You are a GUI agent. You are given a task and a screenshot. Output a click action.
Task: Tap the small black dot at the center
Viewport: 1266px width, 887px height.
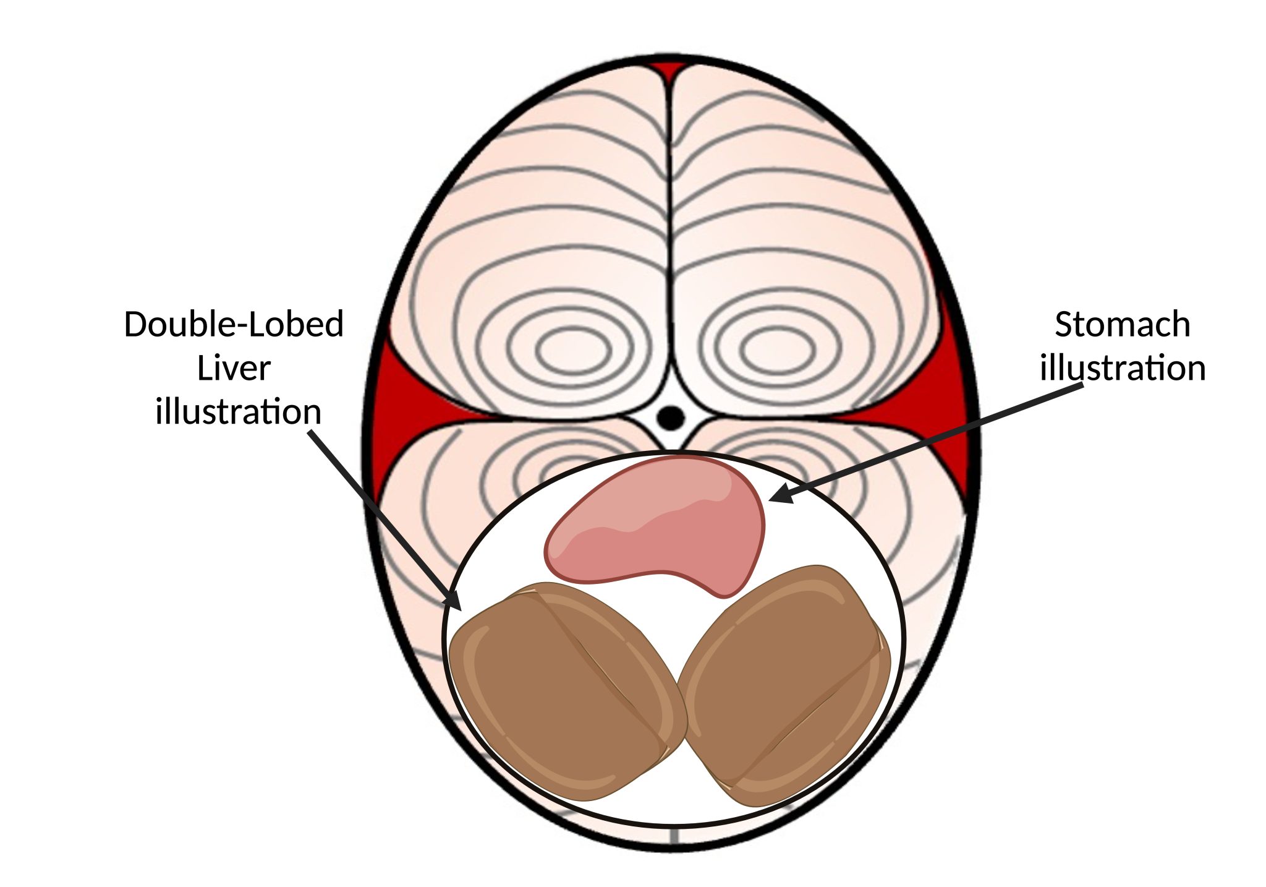671,418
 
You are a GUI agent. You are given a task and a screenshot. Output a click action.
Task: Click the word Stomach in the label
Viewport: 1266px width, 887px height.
1122,325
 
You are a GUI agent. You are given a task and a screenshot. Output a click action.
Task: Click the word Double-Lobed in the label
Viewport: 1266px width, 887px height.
234,324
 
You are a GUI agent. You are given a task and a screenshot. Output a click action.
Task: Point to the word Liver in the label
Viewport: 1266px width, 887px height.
234,369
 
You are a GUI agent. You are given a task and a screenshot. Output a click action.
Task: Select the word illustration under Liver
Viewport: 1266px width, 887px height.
238,412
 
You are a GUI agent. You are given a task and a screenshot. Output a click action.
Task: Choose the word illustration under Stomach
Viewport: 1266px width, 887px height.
1123,369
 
